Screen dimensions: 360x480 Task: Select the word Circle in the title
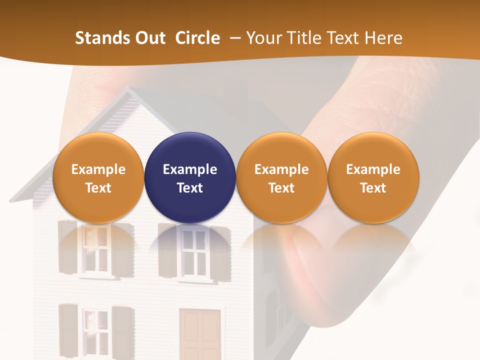point(197,38)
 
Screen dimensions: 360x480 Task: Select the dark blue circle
point(190,177)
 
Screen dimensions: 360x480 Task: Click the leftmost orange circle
point(98,177)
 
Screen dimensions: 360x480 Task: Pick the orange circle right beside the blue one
point(281,177)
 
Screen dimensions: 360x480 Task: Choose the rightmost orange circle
point(373,177)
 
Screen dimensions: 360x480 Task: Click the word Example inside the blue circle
point(190,169)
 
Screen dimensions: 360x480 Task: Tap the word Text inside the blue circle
point(190,188)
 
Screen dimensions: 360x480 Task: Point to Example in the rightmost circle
point(373,169)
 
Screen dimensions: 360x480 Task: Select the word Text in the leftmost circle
point(98,188)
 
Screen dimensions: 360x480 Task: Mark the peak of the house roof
point(129,90)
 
